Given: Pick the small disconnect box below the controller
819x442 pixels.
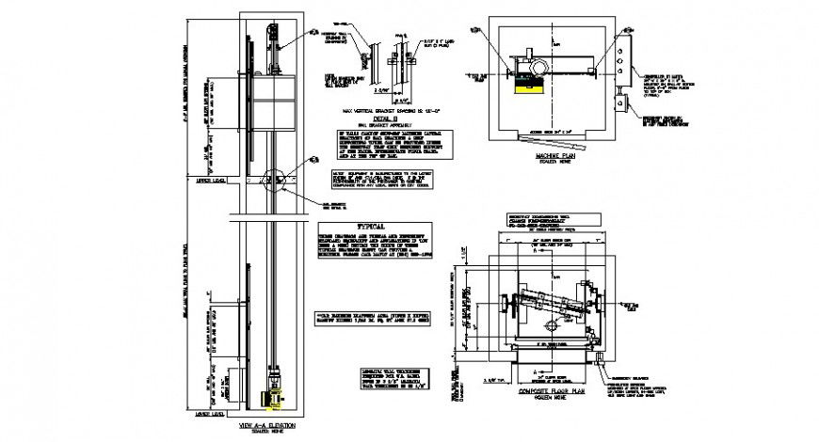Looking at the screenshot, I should coord(622,102).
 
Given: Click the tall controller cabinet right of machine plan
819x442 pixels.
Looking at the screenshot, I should coord(621,56).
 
